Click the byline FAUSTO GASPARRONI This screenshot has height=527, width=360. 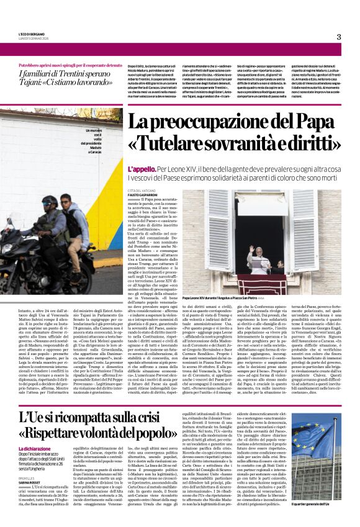[144, 195]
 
